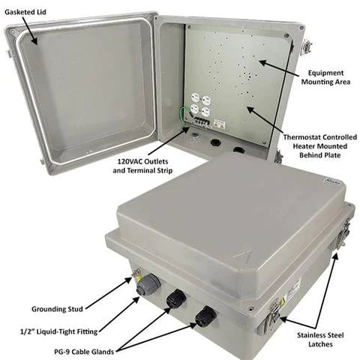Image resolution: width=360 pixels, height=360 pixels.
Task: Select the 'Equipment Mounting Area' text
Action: click(x=325, y=79)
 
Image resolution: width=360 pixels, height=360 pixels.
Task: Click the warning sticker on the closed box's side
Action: click(x=294, y=288)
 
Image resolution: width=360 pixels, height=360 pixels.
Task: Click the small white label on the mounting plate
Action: click(x=220, y=123)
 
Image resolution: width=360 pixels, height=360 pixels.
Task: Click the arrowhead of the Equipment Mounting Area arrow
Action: click(x=260, y=61)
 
